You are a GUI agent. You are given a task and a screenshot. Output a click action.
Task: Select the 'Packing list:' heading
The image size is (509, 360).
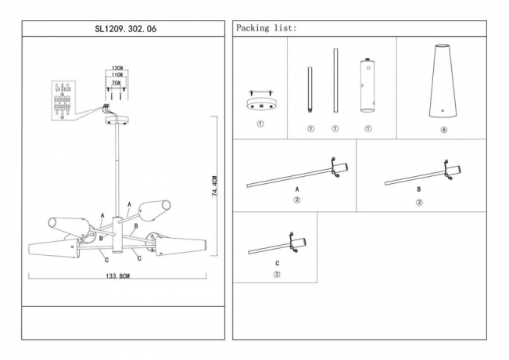(x=266, y=28)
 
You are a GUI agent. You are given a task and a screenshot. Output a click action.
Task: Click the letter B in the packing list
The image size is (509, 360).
(x=419, y=190)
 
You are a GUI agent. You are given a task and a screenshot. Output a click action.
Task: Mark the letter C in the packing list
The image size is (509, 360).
(x=276, y=263)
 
